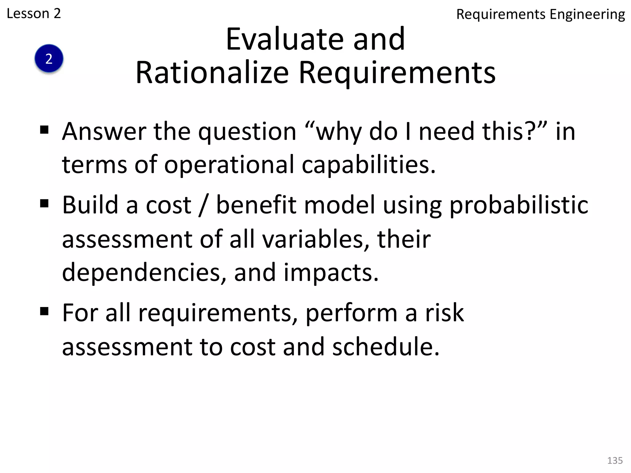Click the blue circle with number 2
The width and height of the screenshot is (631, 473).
coord(49,59)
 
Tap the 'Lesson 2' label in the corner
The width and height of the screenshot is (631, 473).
coord(34,14)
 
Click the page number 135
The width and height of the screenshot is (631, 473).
coord(615,460)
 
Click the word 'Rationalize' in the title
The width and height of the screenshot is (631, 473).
coord(212,73)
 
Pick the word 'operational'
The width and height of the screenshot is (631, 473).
coord(229,165)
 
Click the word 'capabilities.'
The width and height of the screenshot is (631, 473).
coord(368,165)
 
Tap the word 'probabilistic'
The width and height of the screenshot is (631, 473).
coord(519,205)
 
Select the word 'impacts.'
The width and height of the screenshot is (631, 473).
coord(331,273)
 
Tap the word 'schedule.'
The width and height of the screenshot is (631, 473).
coord(386,347)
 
